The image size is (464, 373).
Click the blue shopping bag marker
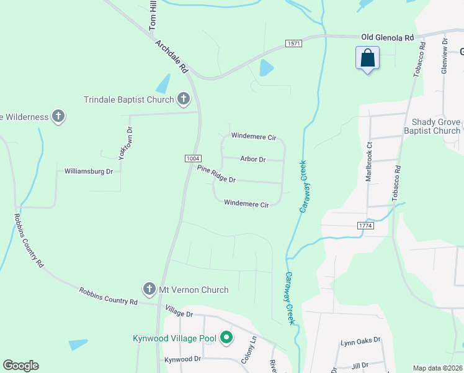pos(368,58)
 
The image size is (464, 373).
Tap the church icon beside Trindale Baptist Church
pos(183,98)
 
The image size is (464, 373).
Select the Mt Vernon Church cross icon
pos(149,289)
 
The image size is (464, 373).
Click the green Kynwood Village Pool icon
pos(226,338)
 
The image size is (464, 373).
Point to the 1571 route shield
pos(293,43)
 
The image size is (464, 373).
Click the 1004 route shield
pos(192,159)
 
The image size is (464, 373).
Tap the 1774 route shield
pos(365,229)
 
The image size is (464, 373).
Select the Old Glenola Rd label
pos(387,38)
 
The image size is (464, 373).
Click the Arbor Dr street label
pos(252,160)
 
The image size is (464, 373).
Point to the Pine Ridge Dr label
pos(216,174)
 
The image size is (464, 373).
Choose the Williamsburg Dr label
pos(89,171)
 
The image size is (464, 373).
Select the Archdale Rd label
pos(172,57)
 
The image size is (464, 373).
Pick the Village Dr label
pos(180,310)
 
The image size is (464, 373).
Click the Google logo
pos(20,366)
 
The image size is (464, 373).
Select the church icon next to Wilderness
pos(58,116)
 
